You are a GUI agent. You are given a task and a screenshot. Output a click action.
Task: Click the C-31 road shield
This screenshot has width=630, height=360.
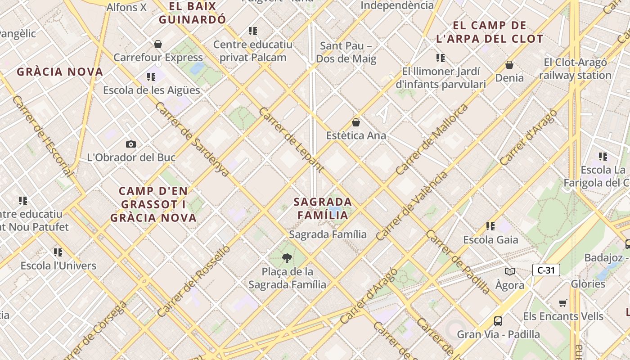pos(546,270)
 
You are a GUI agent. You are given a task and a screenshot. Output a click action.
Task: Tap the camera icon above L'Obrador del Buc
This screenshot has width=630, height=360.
pos(131,144)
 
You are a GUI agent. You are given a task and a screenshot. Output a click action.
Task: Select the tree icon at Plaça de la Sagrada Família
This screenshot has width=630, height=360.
pos(287,258)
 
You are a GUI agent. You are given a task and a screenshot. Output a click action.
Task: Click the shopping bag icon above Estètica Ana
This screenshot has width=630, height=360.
pos(356,122)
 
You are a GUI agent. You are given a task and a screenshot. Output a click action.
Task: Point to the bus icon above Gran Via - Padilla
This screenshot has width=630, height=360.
pos(498,321)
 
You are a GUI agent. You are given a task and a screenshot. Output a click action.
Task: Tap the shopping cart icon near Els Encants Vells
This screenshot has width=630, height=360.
pos(562,303)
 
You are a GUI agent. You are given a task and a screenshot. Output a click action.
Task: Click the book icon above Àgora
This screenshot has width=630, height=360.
pos(509,271)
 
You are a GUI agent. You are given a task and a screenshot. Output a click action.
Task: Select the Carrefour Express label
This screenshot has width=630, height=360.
pos(158,58)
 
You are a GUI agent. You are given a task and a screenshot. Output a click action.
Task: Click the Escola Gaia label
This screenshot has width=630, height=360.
pos(490,240)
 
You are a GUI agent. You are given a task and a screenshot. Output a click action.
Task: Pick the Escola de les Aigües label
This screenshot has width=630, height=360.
pos(151,90)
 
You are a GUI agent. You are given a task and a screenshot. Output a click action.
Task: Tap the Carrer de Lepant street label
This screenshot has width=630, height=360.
pos(291,139)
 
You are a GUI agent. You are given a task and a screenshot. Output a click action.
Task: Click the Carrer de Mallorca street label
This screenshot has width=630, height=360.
pos(432,139)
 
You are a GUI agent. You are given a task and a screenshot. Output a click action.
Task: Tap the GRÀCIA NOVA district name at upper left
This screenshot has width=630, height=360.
pos(60,72)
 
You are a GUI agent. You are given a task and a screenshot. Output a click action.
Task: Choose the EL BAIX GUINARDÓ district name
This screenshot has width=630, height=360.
pos(192,13)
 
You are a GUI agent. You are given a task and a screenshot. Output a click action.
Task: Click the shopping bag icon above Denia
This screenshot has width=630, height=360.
pos(509,65)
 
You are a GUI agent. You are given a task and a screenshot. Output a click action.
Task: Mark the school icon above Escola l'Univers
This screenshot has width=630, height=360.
pos(58,252)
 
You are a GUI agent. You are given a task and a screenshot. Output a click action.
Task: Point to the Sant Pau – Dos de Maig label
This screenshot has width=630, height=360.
pos(346,52)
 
